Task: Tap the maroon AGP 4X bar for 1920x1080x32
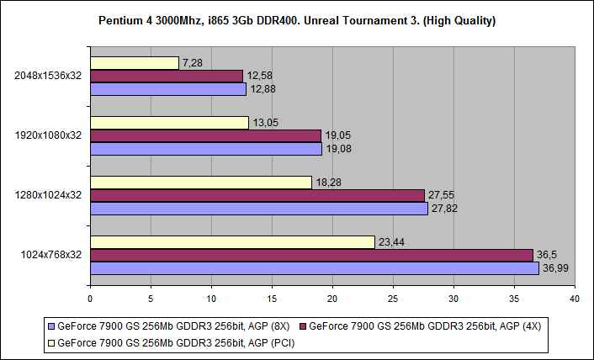[x=205, y=135]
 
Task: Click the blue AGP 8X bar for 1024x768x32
[x=314, y=268]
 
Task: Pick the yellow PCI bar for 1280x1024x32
[x=200, y=182]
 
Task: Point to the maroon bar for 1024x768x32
[x=311, y=255]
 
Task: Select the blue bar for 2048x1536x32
[x=167, y=89]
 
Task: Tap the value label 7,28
[x=193, y=63]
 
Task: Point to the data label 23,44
[x=391, y=242]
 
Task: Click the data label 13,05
[x=266, y=123]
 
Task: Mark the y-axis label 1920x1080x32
[x=48, y=135]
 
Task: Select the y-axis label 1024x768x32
[x=50, y=255]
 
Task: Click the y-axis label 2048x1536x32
[x=48, y=76]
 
